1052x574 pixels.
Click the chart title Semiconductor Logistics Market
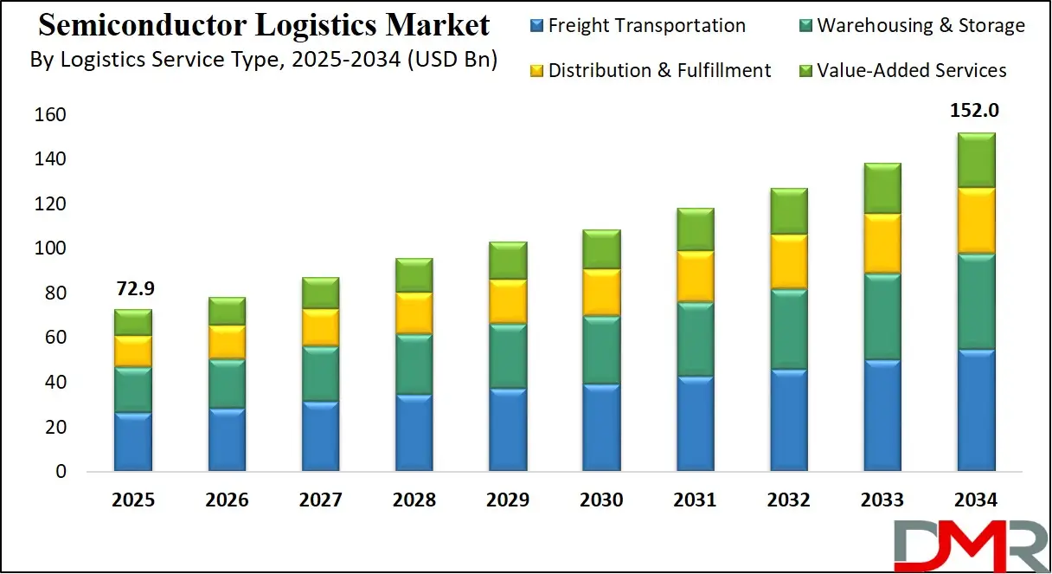[264, 25]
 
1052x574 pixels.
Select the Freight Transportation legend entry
[637, 26]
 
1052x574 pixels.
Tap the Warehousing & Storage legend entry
[910, 26]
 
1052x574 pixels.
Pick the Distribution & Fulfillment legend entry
[649, 70]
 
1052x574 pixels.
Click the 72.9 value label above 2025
[133, 288]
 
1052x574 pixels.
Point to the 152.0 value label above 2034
[975, 111]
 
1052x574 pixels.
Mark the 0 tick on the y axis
[61, 473]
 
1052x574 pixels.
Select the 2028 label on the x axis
[414, 500]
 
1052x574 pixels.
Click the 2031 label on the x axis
[695, 500]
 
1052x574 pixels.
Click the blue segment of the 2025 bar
[133, 442]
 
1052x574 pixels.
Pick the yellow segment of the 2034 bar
[975, 221]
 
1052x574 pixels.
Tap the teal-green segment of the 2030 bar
[601, 351]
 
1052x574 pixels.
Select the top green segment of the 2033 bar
[882, 188]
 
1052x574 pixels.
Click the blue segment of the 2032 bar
[788, 421]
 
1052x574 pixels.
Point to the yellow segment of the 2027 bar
[320, 326]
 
